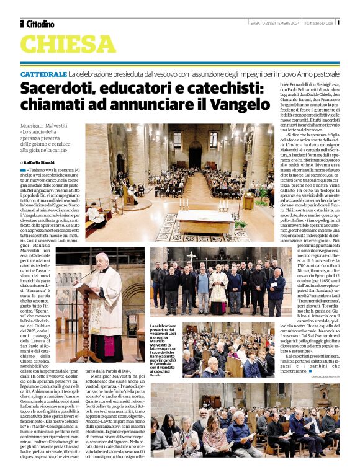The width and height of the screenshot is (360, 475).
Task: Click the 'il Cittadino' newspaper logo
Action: tap(37, 24)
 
